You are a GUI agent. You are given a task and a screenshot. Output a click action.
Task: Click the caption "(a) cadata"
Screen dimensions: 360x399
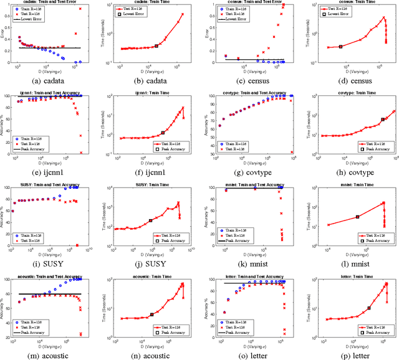(50, 79)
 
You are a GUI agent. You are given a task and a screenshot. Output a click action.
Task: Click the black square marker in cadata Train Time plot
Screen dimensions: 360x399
(156, 45)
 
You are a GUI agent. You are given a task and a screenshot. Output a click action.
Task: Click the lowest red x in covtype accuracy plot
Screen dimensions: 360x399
(291, 151)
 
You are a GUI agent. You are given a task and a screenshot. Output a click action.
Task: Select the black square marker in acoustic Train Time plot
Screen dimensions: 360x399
(152, 315)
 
